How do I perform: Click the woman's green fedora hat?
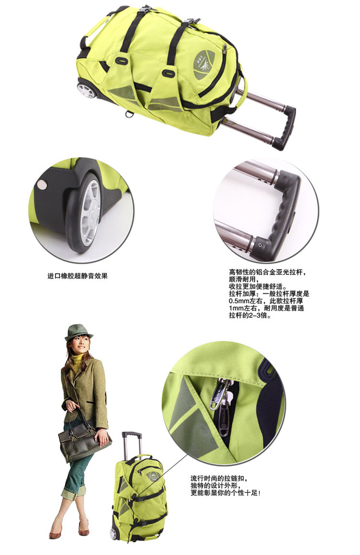pyautogui.click(x=79, y=332)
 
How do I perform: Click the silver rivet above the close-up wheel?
pyautogui.click(x=42, y=184)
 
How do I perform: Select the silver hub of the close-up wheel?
pyautogui.click(x=90, y=213)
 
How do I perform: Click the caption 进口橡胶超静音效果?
pyautogui.click(x=77, y=276)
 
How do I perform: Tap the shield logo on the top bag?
pyautogui.click(x=204, y=65)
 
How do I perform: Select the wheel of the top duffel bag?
pyautogui.click(x=86, y=91)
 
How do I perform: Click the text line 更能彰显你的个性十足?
pyautogui.click(x=226, y=493)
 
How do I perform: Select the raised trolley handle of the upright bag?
pyautogui.click(x=131, y=444)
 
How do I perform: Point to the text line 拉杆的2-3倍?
pyautogui.click(x=250, y=315)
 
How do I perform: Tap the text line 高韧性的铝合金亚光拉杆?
pyautogui.click(x=267, y=272)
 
